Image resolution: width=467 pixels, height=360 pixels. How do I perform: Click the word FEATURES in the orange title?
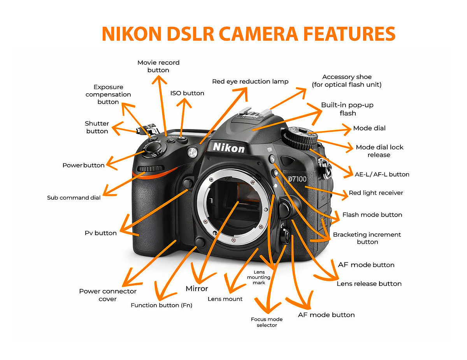349,34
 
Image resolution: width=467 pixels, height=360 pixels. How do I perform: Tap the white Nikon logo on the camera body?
229,148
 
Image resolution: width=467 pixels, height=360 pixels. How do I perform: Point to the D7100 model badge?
297,179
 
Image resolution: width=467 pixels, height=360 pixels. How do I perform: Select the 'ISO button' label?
187,93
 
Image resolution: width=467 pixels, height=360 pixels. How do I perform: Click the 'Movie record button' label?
158,66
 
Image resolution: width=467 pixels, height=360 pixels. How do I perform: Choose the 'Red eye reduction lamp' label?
250,82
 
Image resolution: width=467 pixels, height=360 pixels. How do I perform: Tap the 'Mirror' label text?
197,288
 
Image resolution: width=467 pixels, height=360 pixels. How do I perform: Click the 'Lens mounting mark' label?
259,277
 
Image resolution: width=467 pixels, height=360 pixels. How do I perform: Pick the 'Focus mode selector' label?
267,322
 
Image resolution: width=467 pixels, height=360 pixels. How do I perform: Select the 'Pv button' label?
100,233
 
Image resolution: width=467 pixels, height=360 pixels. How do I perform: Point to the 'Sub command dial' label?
74,197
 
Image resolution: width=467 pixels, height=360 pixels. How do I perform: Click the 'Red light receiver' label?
376,193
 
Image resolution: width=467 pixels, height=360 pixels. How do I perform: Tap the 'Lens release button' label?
369,283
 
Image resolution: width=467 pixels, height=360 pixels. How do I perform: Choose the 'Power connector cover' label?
108,295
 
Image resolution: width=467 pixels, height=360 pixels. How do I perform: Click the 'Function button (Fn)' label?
162,305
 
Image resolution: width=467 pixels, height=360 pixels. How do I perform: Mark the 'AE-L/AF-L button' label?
382,174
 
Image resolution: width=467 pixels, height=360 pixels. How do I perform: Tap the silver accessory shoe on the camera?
255,112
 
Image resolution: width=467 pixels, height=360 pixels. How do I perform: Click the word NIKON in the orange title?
132,34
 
